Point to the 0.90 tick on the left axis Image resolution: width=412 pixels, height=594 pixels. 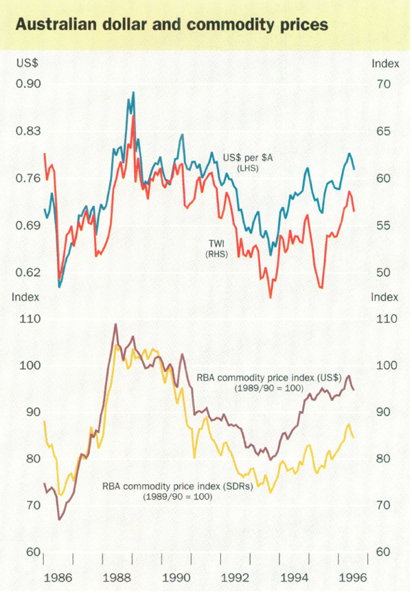30,84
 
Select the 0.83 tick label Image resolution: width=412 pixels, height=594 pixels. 30,131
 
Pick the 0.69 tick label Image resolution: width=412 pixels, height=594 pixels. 30,225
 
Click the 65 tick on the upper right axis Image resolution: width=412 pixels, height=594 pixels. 380,131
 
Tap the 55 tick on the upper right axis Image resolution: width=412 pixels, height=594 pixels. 380,225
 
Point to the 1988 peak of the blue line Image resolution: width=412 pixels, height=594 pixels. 133,92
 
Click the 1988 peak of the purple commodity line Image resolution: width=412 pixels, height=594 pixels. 115,323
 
